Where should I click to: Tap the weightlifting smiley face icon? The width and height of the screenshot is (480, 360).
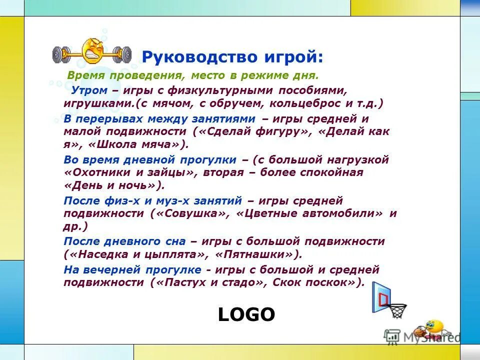coord(92,51)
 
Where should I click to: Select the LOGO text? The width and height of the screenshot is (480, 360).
coord(246,314)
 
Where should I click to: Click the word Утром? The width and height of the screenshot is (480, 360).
coord(89,91)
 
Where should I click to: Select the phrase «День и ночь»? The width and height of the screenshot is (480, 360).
coord(113,185)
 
